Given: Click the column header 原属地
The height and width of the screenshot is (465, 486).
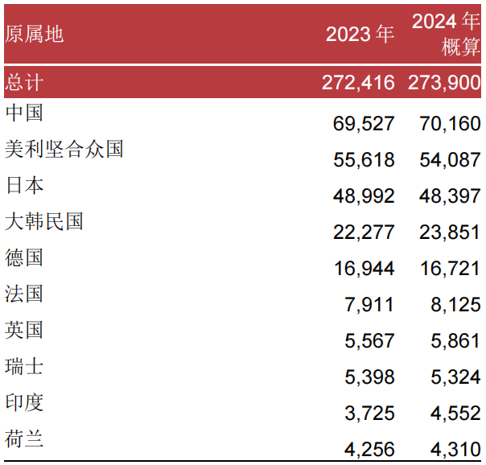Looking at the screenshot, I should pos(34,34).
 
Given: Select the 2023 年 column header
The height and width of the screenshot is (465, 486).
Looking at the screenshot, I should pos(360,34).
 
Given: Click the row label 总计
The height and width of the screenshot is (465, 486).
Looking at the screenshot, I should pos(24,82).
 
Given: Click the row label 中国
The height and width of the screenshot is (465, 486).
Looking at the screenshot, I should pos(24,113).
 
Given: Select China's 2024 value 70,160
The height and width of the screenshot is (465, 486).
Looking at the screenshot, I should pos(450,124).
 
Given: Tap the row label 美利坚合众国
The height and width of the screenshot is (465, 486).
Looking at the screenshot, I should pos(64,149).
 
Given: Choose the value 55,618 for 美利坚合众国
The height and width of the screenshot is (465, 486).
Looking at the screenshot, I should pos(364,160).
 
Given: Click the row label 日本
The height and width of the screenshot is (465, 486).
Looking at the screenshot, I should pos(24,185).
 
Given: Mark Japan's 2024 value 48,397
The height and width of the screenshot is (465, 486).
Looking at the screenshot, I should pos(450,196).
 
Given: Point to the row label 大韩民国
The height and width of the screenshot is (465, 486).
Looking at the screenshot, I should pos(44,221).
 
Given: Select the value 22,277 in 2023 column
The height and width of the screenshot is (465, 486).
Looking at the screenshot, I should pos(364,232).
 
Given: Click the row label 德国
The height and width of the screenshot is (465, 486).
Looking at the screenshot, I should pos(24,257).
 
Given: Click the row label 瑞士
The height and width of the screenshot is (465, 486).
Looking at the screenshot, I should pos(24,366).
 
